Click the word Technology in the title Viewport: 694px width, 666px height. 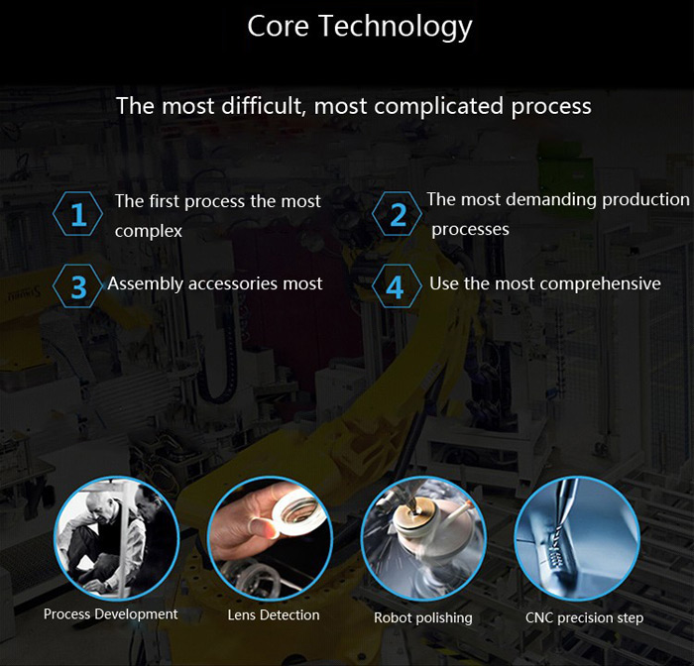point(396,27)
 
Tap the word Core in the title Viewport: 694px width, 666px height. point(278,26)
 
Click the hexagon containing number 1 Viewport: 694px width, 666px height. point(78,214)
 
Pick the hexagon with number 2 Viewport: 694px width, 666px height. point(397,214)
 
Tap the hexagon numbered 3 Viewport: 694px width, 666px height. point(78,286)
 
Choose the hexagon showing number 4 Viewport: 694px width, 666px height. point(397,286)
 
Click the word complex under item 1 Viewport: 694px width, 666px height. point(149,232)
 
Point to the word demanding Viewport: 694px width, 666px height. point(551,199)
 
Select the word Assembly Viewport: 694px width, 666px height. point(145,284)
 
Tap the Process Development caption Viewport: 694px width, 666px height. point(111,614)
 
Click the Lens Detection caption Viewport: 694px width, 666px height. point(274,615)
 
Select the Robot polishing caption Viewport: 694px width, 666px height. point(423,617)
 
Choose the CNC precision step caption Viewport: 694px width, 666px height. point(584,617)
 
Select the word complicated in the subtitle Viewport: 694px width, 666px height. point(438,107)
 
